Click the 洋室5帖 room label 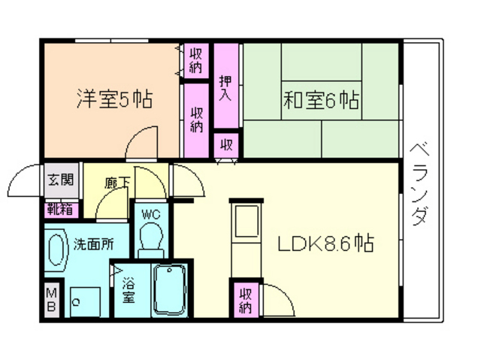114,99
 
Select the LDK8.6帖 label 327,244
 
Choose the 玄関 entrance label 61,180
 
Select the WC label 153,213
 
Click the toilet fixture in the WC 153,241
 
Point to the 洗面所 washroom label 94,244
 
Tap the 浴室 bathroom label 129,292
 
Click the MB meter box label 52,299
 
